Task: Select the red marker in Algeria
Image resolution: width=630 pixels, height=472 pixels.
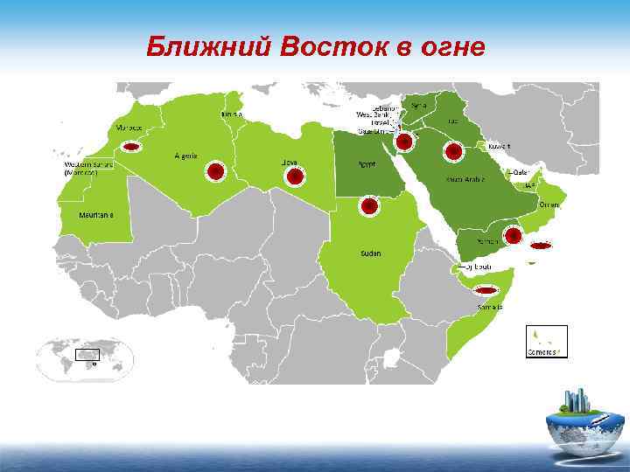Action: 214,171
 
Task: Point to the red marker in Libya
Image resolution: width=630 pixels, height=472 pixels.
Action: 295,177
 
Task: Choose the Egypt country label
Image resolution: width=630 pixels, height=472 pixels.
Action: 367,163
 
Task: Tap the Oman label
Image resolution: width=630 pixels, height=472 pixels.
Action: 549,203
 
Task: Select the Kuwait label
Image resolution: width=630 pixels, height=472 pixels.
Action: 500,146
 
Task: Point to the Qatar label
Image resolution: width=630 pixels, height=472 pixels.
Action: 521,172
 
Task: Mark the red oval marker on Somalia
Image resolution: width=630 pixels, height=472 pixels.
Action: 484,290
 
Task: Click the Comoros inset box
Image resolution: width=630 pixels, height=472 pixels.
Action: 546,341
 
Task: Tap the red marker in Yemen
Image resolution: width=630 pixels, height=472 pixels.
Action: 513,234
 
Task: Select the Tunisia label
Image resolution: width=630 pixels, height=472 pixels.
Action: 232,114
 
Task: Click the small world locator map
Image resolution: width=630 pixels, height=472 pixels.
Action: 84,357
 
